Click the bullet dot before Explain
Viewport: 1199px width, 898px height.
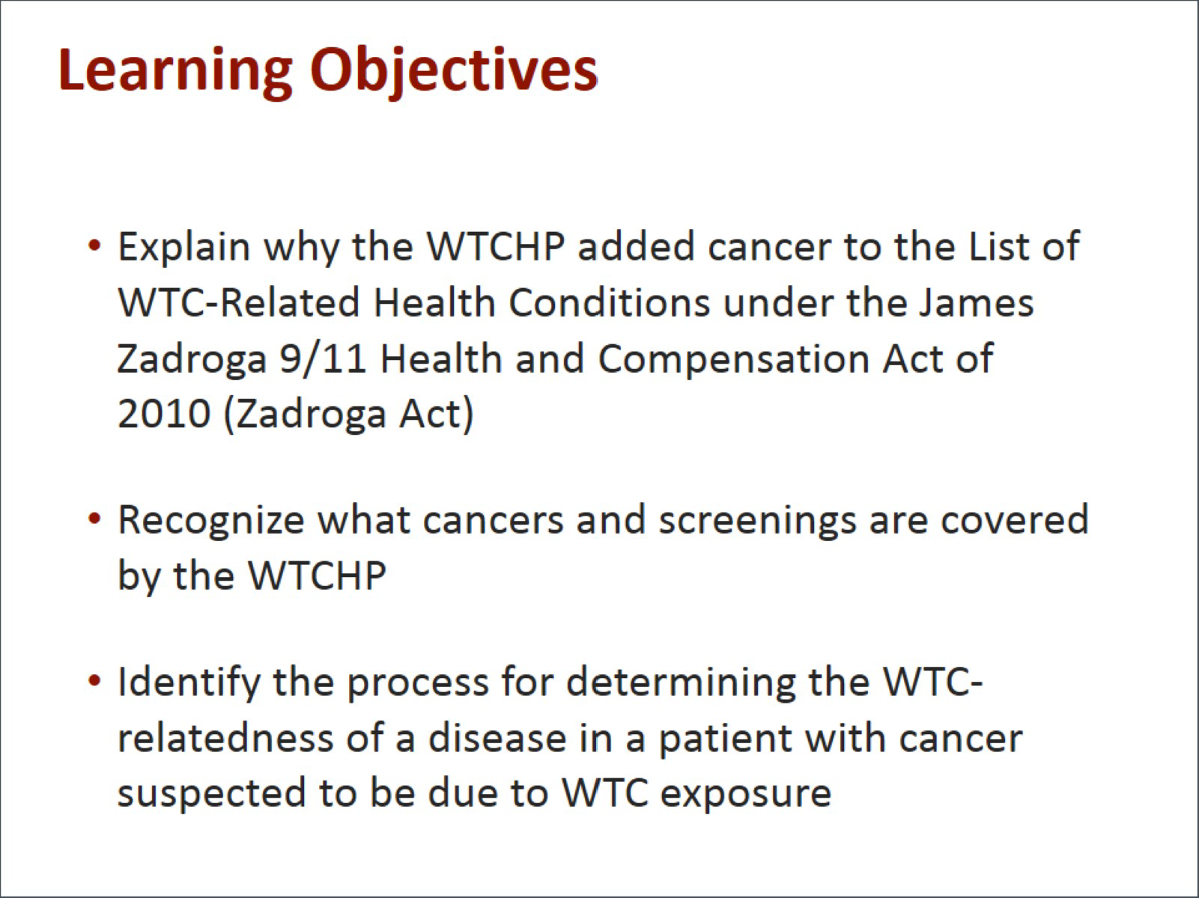point(94,245)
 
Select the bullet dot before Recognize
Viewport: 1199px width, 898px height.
point(94,518)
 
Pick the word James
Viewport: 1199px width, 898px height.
point(976,303)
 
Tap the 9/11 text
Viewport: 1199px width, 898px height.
point(323,358)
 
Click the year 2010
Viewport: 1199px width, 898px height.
point(165,414)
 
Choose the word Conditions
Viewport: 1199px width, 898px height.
point(610,303)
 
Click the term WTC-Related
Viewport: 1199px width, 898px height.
point(239,303)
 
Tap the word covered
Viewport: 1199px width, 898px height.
point(1015,519)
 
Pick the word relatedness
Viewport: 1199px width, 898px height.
point(225,738)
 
